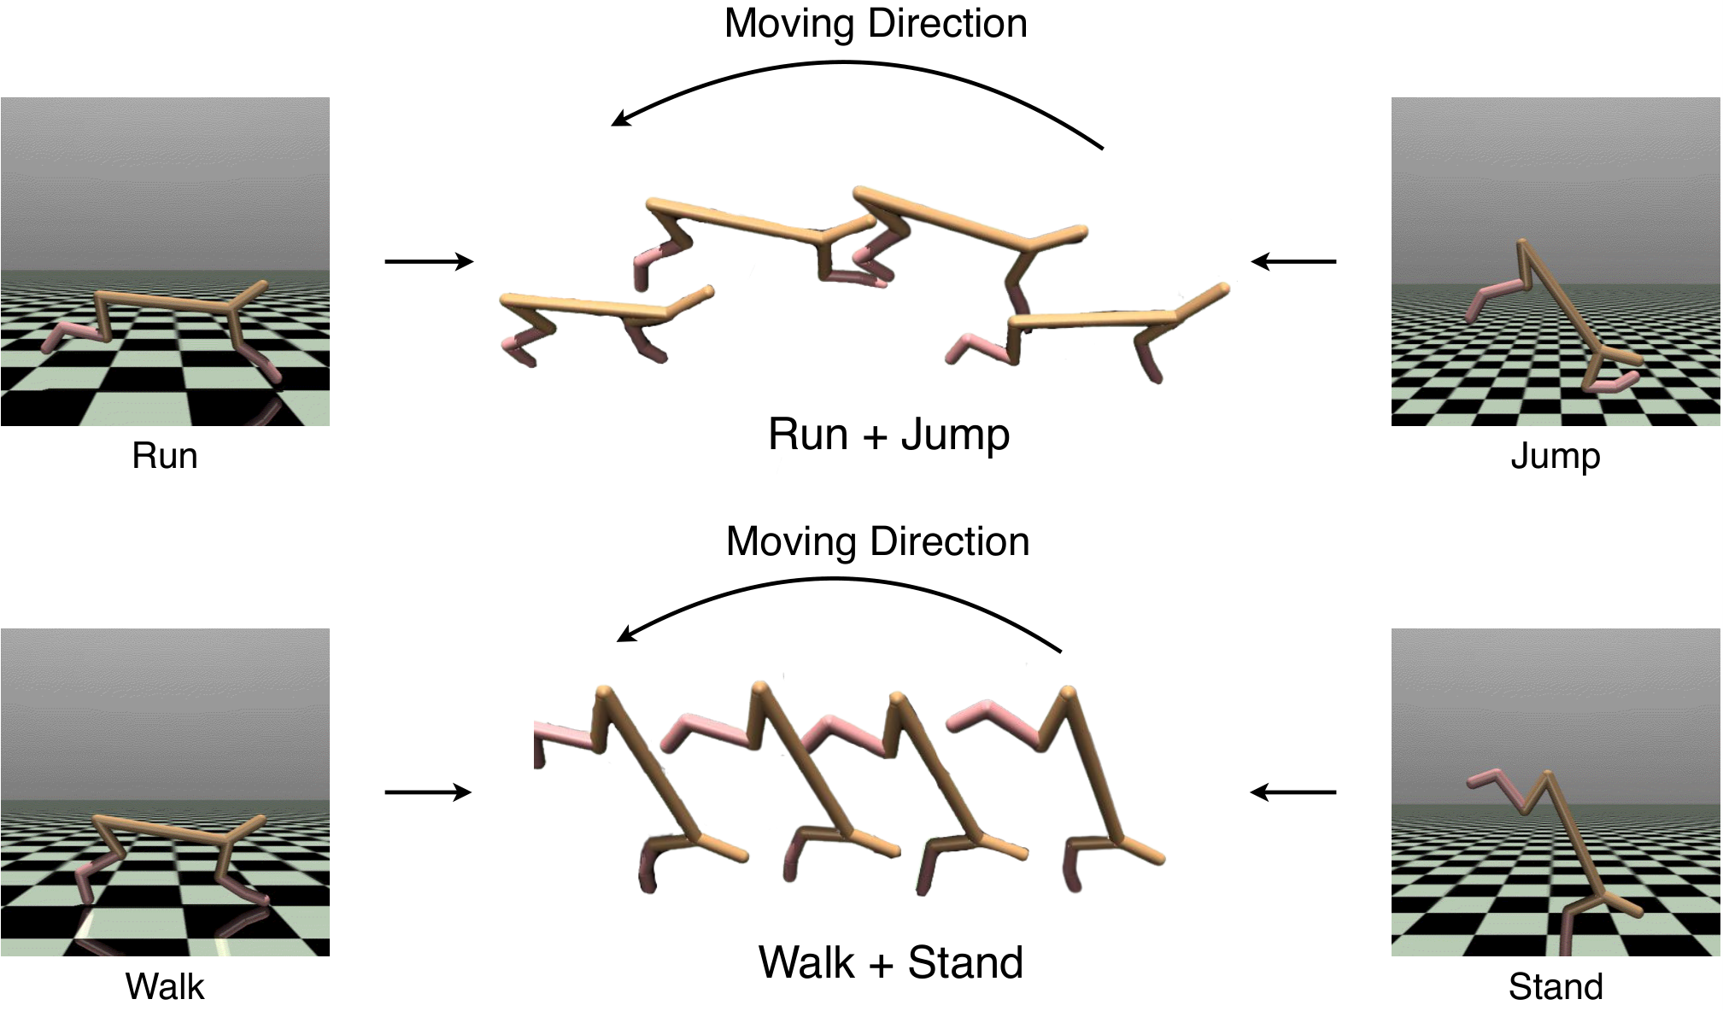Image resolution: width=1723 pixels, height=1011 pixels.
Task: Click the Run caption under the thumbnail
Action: coord(165,456)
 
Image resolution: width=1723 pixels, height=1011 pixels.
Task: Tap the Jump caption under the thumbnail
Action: coord(1556,457)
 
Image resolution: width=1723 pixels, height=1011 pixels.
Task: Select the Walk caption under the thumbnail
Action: coord(165,987)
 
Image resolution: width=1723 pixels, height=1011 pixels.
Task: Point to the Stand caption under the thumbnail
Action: coord(1556,987)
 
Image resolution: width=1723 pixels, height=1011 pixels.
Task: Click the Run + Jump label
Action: coord(888,435)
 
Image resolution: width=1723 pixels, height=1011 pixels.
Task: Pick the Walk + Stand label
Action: coord(891,963)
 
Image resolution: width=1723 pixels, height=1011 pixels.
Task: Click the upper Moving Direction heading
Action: coord(876,24)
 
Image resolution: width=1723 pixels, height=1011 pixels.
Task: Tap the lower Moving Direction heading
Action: coord(877,542)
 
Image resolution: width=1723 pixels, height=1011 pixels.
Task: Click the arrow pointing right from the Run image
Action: coord(429,261)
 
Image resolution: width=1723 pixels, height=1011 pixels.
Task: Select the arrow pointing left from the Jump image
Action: coord(1293,261)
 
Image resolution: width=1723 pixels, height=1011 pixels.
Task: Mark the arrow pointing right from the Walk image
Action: coord(428,792)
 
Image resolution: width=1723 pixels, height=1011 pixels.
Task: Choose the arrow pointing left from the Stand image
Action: coord(1292,792)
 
